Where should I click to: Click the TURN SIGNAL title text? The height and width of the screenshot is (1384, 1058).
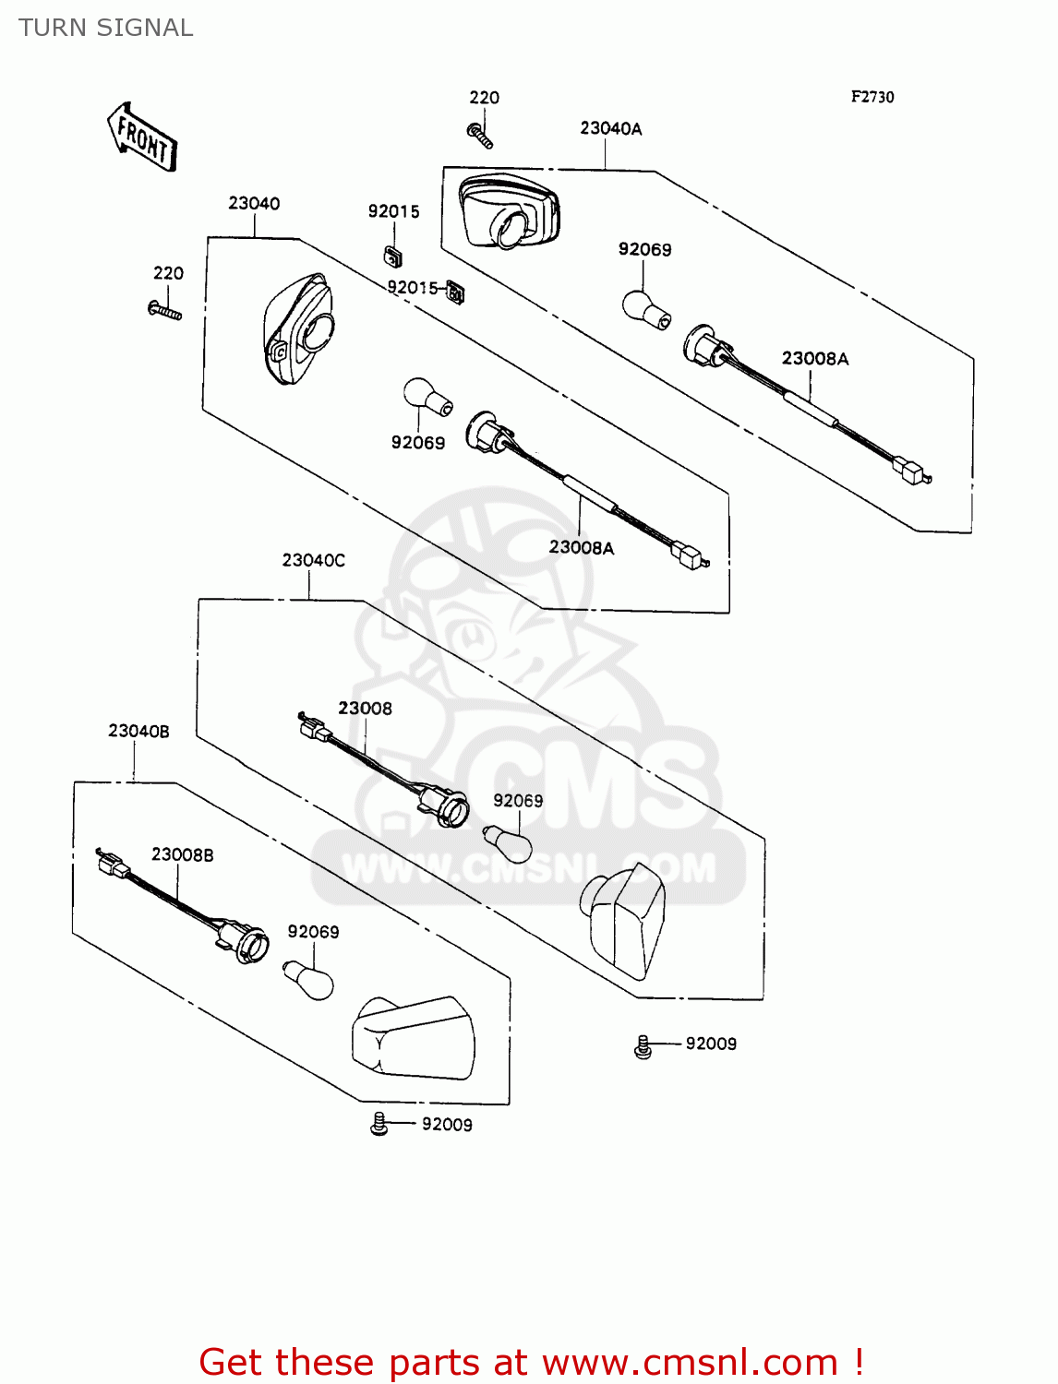point(106,28)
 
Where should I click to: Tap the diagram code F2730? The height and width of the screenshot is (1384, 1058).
point(872,97)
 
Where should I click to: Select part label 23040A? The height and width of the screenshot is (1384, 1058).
point(610,129)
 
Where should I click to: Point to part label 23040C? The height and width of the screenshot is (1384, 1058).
point(314,560)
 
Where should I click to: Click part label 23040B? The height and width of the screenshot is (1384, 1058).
point(138,731)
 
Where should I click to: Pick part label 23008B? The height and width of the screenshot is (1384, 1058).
point(182,855)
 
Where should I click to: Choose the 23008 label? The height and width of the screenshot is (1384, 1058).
point(365,709)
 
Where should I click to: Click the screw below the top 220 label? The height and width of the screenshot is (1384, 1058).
point(480,136)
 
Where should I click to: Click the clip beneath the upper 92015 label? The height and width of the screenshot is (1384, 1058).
point(392,255)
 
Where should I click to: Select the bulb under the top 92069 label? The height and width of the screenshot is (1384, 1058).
point(645,309)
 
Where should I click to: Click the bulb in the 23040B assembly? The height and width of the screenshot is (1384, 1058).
point(308,978)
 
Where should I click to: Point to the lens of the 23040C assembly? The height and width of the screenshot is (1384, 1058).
point(623,918)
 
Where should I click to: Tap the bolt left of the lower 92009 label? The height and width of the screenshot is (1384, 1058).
point(379,1124)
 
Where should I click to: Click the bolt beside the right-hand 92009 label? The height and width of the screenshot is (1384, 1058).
point(643,1046)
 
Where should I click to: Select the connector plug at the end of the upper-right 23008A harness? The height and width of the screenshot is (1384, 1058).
point(911,471)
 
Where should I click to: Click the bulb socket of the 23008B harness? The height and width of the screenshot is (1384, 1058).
point(245,941)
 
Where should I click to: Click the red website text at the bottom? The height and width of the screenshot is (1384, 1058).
point(531,1362)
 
